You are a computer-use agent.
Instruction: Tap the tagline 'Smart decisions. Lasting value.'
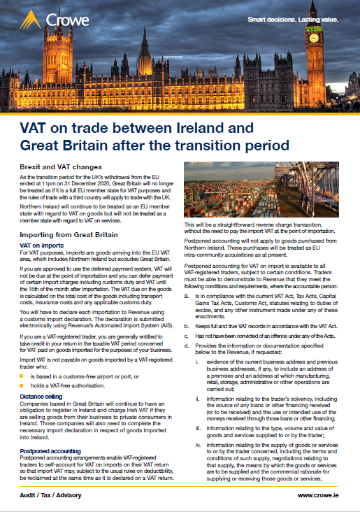click(x=294, y=19)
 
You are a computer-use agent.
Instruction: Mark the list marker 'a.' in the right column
click(x=187, y=297)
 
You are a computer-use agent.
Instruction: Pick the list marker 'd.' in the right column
click(x=187, y=346)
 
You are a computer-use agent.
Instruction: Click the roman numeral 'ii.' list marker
click(x=200, y=398)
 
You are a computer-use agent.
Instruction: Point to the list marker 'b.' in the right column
click(x=187, y=327)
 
